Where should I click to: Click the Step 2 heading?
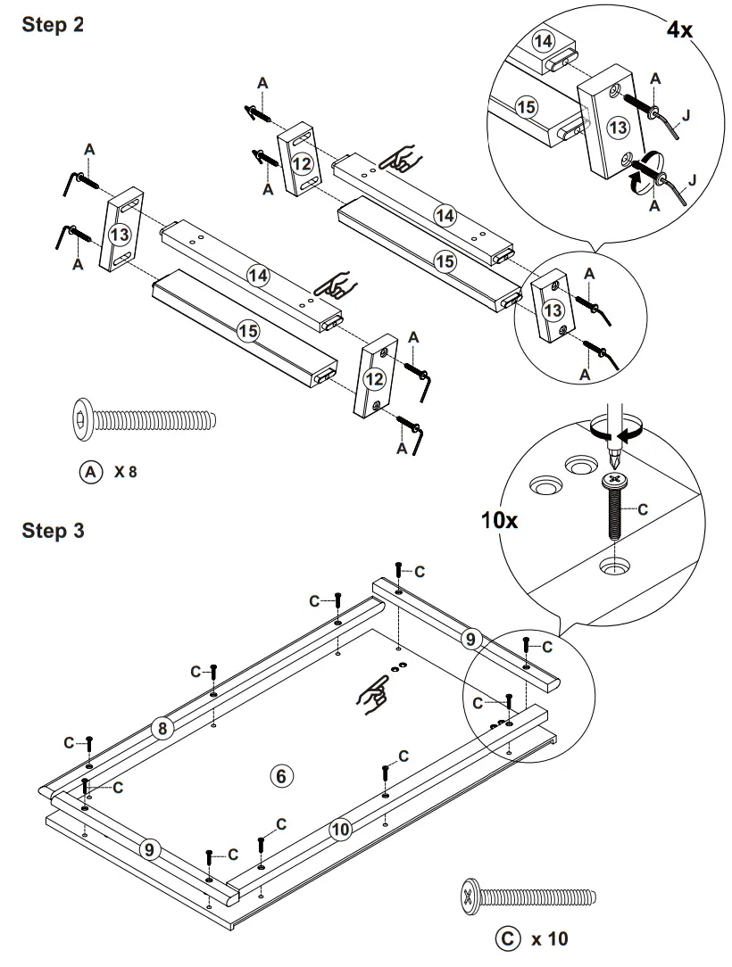click(53, 26)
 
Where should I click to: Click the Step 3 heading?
click(53, 531)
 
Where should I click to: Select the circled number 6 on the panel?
click(281, 775)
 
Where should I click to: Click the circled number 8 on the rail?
click(161, 729)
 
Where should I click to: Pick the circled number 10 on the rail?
click(340, 829)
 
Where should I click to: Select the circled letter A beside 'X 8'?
click(90, 471)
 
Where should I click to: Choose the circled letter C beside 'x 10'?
click(505, 938)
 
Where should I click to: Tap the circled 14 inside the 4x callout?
click(543, 41)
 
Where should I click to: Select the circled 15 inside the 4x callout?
click(528, 106)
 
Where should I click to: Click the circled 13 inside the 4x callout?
click(617, 128)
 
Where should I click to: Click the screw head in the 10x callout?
click(613, 480)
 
